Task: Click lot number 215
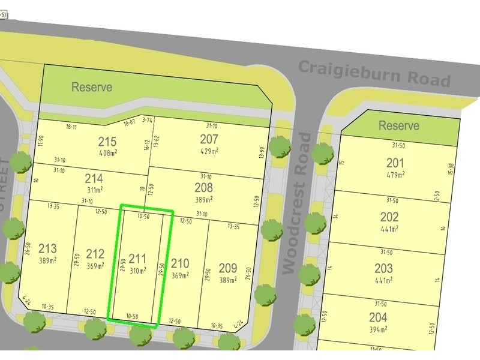[107, 142]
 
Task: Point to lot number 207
[209, 139]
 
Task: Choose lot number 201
[395, 163]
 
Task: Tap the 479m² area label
[395, 175]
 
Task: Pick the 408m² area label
[107, 153]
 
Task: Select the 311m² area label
[94, 190]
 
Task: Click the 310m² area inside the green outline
[137, 271]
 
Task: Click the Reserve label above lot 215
[92, 87]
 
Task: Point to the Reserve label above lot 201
[399, 125]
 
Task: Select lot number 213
[47, 249]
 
